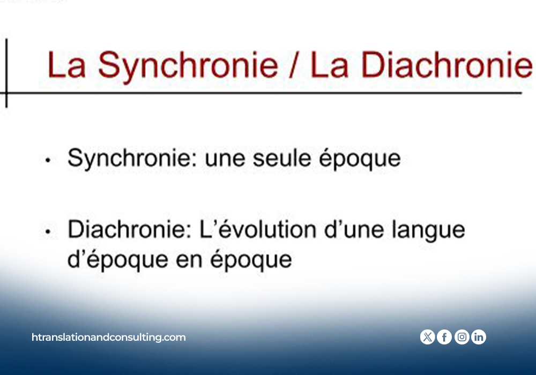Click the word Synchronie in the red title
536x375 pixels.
point(188,66)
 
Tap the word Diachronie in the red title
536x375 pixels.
point(447,65)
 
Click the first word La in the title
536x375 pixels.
point(66,65)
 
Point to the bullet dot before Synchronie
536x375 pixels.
point(48,160)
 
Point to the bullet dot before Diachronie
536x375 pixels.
point(48,231)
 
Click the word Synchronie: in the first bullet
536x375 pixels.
point(132,159)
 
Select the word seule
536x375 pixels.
point(282,159)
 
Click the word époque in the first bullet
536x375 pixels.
point(360,159)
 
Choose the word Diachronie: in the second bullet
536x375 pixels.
point(129,229)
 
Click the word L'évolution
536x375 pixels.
point(258,229)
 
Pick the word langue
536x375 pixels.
point(428,230)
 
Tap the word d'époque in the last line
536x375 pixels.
point(117,260)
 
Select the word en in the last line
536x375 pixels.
point(189,262)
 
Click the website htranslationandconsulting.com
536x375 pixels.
point(109,337)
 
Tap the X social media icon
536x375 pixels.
point(427,337)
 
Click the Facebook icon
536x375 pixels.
point(444,337)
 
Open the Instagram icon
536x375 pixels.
point(462,337)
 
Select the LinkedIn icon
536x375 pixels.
point(479,337)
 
